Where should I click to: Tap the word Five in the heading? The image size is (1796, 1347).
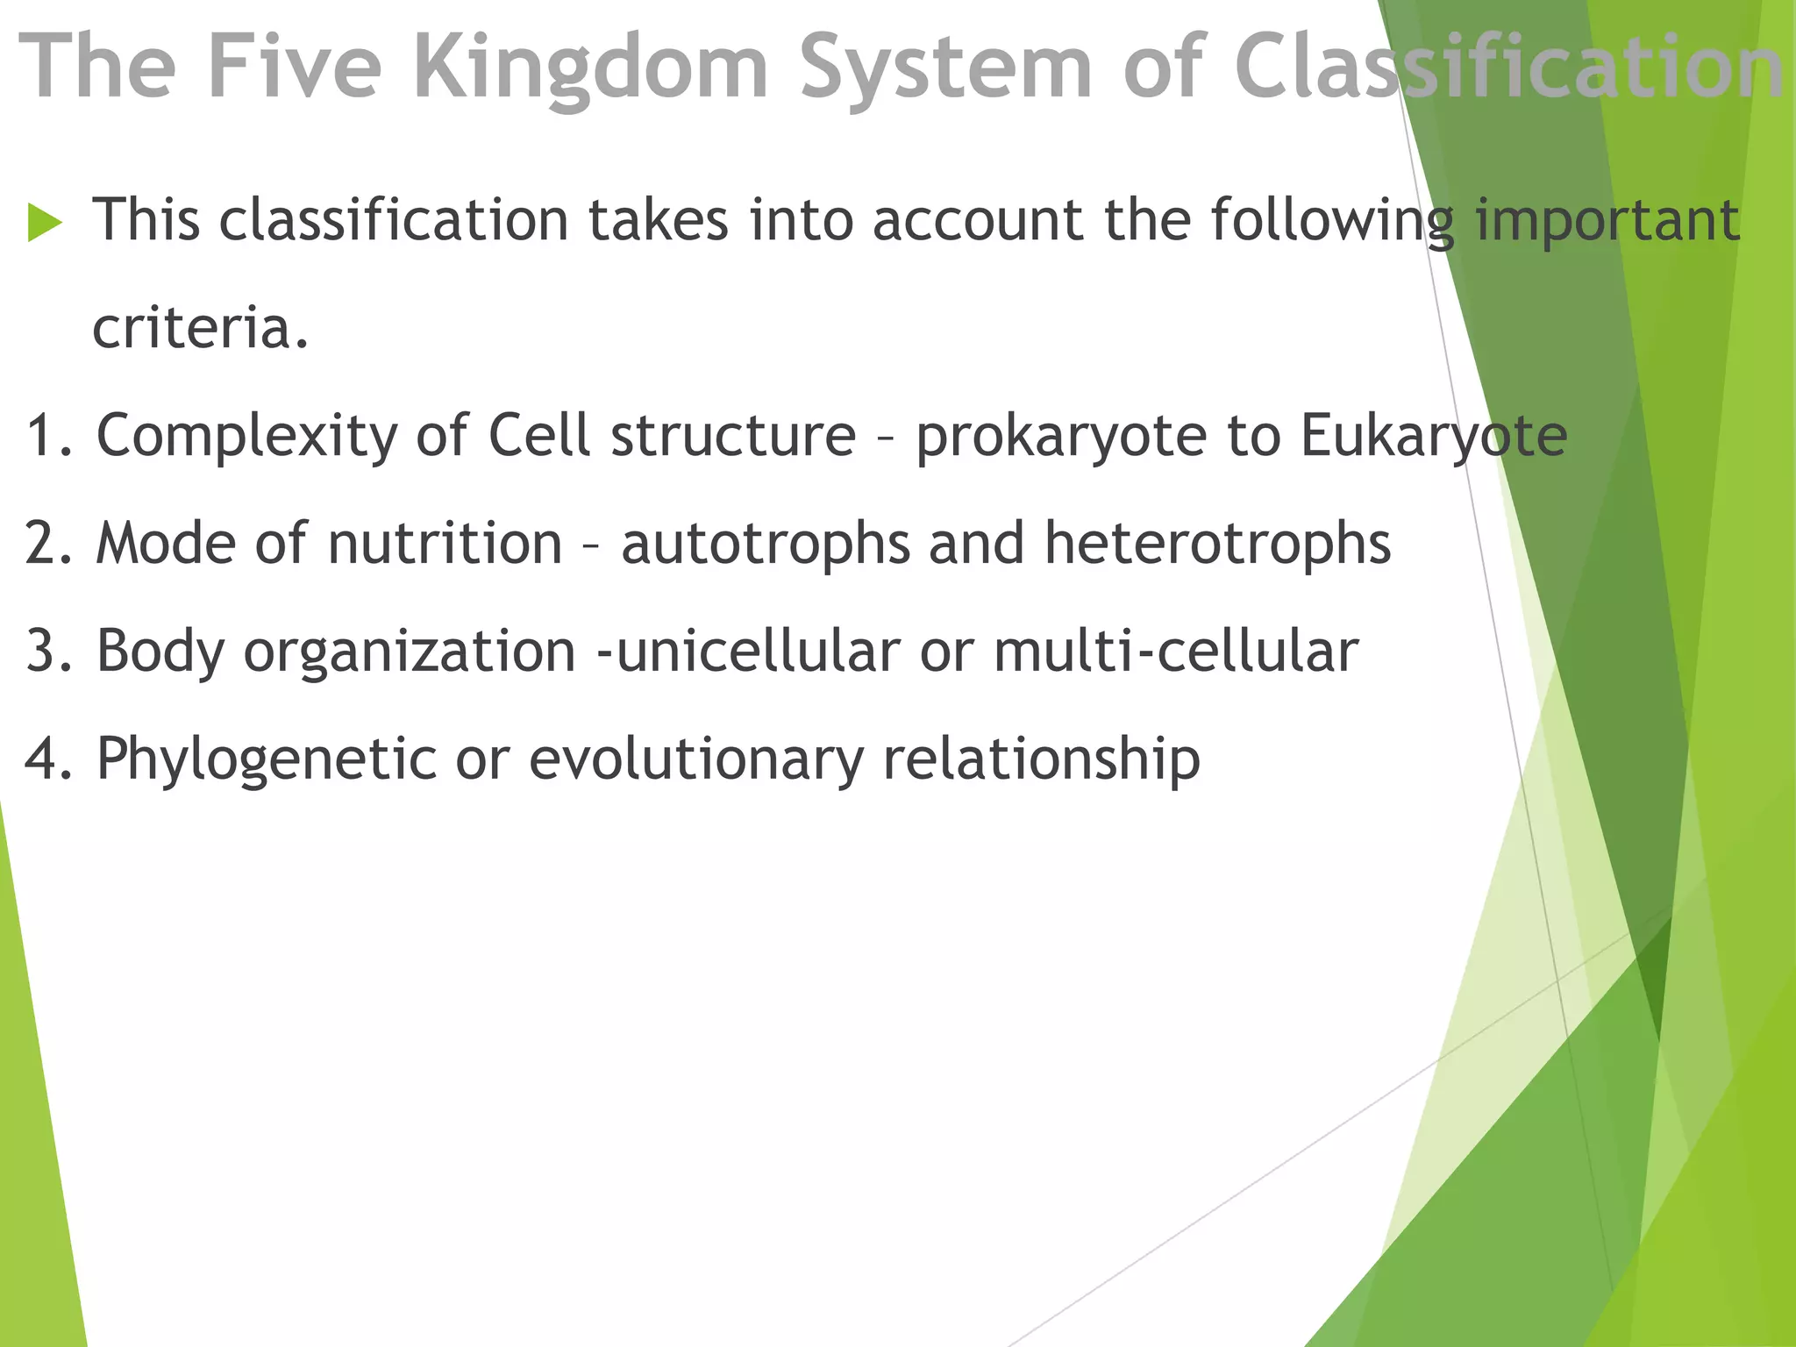[295, 67]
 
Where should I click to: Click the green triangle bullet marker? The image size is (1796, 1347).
[45, 221]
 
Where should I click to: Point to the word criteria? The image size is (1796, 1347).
[201, 328]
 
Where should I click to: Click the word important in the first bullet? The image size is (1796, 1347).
[1607, 221]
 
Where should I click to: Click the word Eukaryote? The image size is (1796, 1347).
[1433, 437]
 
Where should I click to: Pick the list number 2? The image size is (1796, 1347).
[44, 544]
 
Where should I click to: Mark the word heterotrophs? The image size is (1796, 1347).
[1217, 544]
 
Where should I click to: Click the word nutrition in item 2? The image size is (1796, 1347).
[445, 544]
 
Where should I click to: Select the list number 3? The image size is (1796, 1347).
[44, 652]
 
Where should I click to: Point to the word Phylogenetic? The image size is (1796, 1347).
[266, 759]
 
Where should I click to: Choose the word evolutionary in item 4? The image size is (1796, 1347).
[696, 759]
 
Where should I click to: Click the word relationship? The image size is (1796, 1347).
[1041, 759]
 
